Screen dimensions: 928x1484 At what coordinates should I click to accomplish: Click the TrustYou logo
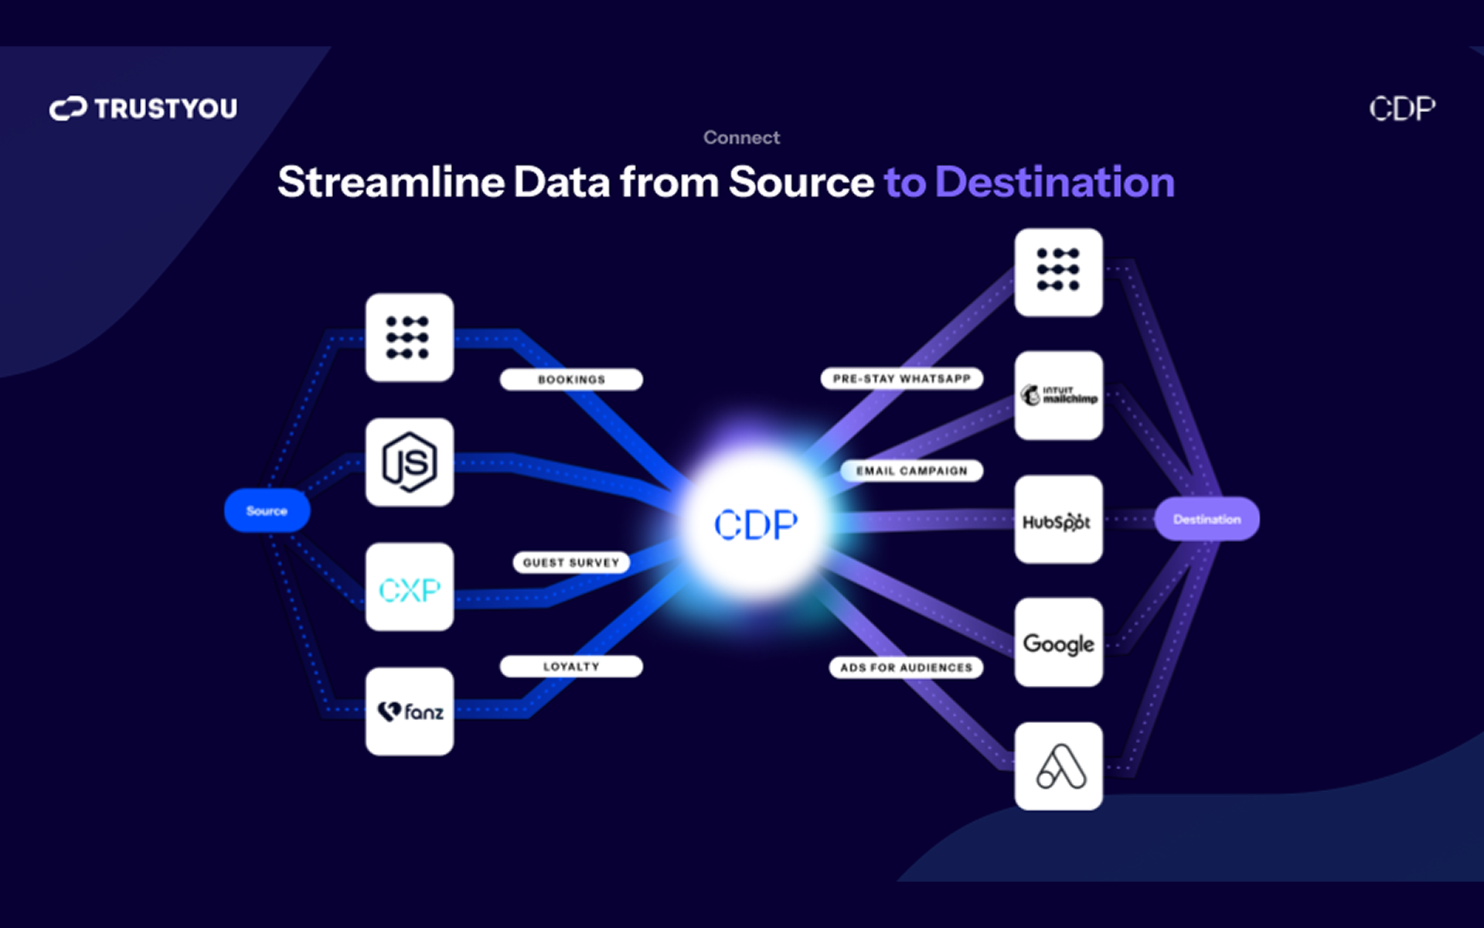click(144, 108)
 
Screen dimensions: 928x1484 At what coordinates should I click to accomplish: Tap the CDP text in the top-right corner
click(1402, 109)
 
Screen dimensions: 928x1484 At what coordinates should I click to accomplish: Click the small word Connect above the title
click(741, 138)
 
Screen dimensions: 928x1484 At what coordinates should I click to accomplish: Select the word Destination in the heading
click(1054, 183)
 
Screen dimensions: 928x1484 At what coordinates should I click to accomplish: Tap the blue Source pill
click(267, 511)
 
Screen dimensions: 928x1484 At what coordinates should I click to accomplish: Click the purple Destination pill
click(1207, 520)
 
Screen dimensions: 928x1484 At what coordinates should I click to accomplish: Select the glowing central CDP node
click(755, 524)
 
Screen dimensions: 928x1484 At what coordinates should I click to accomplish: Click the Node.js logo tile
click(410, 462)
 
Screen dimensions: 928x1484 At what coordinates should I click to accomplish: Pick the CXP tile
click(410, 588)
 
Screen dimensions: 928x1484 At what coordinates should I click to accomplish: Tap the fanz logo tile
click(410, 711)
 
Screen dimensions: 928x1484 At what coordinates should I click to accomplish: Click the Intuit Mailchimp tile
click(1058, 396)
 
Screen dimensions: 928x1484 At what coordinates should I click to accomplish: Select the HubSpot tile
click(1058, 520)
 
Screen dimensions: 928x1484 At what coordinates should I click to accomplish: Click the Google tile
click(1058, 643)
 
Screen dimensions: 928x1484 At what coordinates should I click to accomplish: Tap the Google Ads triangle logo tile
click(1058, 766)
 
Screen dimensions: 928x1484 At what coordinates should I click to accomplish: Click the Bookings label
click(571, 380)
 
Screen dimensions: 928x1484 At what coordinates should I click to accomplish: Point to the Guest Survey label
click(571, 563)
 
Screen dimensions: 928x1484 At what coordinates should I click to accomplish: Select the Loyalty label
click(571, 667)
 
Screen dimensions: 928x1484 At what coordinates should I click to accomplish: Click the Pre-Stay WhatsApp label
click(901, 379)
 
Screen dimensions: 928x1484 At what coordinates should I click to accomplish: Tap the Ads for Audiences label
click(906, 667)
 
